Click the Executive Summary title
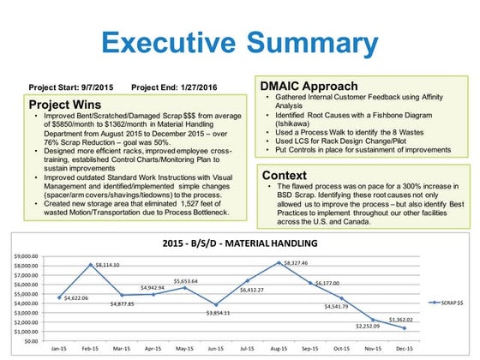[x=241, y=41]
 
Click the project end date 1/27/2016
[x=196, y=87]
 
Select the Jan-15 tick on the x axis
[x=60, y=350]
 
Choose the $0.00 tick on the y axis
[x=31, y=340]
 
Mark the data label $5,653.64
[x=182, y=280]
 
